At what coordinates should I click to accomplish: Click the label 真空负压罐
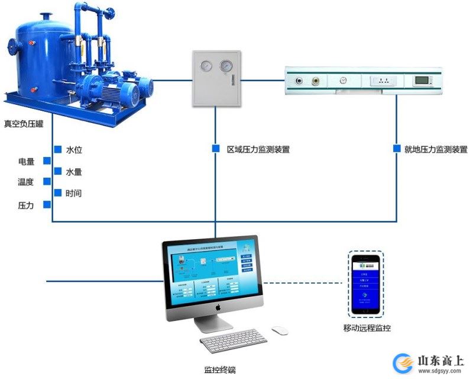[23, 124]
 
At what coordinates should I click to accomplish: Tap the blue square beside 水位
[57, 149]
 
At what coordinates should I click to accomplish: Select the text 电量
[26, 161]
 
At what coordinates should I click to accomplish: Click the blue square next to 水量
[57, 171]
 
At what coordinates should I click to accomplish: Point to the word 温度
[26, 182]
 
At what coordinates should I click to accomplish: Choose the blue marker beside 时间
[57, 192]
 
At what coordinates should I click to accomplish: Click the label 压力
[26, 205]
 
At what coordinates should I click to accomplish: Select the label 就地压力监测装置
[436, 150]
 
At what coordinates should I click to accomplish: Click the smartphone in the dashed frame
[365, 284]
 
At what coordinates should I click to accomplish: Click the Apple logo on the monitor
[218, 308]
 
